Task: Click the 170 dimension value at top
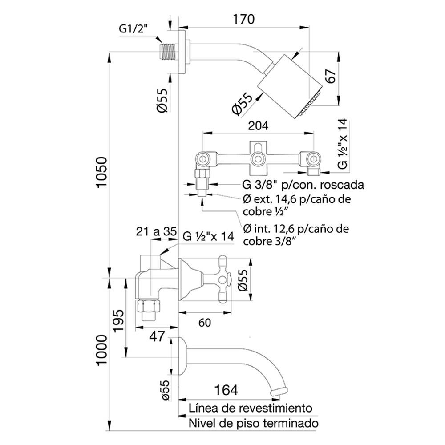[243, 19]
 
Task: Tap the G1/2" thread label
[133, 29]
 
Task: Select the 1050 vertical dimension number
[101, 172]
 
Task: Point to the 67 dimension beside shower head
[331, 76]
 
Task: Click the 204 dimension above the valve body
[258, 125]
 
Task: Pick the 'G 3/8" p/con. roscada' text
[303, 185]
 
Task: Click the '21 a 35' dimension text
[156, 231]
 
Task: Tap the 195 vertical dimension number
[118, 320]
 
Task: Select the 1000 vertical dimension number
[102, 350]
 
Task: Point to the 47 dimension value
[157, 336]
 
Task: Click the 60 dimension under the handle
[205, 323]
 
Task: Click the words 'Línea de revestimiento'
[251, 409]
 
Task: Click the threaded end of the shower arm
[168, 52]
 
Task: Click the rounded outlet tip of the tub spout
[278, 391]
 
